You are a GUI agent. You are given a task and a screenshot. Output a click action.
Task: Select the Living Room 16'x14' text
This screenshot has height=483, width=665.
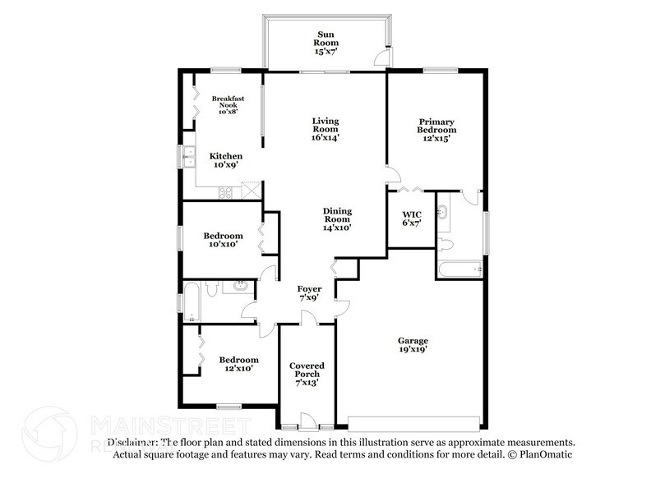[x=326, y=129]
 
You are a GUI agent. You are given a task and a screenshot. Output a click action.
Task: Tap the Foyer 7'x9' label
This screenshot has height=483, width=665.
[x=310, y=294]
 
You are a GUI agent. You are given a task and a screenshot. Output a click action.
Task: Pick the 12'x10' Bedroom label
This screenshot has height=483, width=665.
[x=238, y=364]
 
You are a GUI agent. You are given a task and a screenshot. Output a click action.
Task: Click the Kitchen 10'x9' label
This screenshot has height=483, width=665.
[x=225, y=160]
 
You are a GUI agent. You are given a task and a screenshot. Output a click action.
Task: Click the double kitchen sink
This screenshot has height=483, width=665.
[x=189, y=156]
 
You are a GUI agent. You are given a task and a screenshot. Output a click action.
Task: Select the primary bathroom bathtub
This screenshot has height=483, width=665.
[x=460, y=268]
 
